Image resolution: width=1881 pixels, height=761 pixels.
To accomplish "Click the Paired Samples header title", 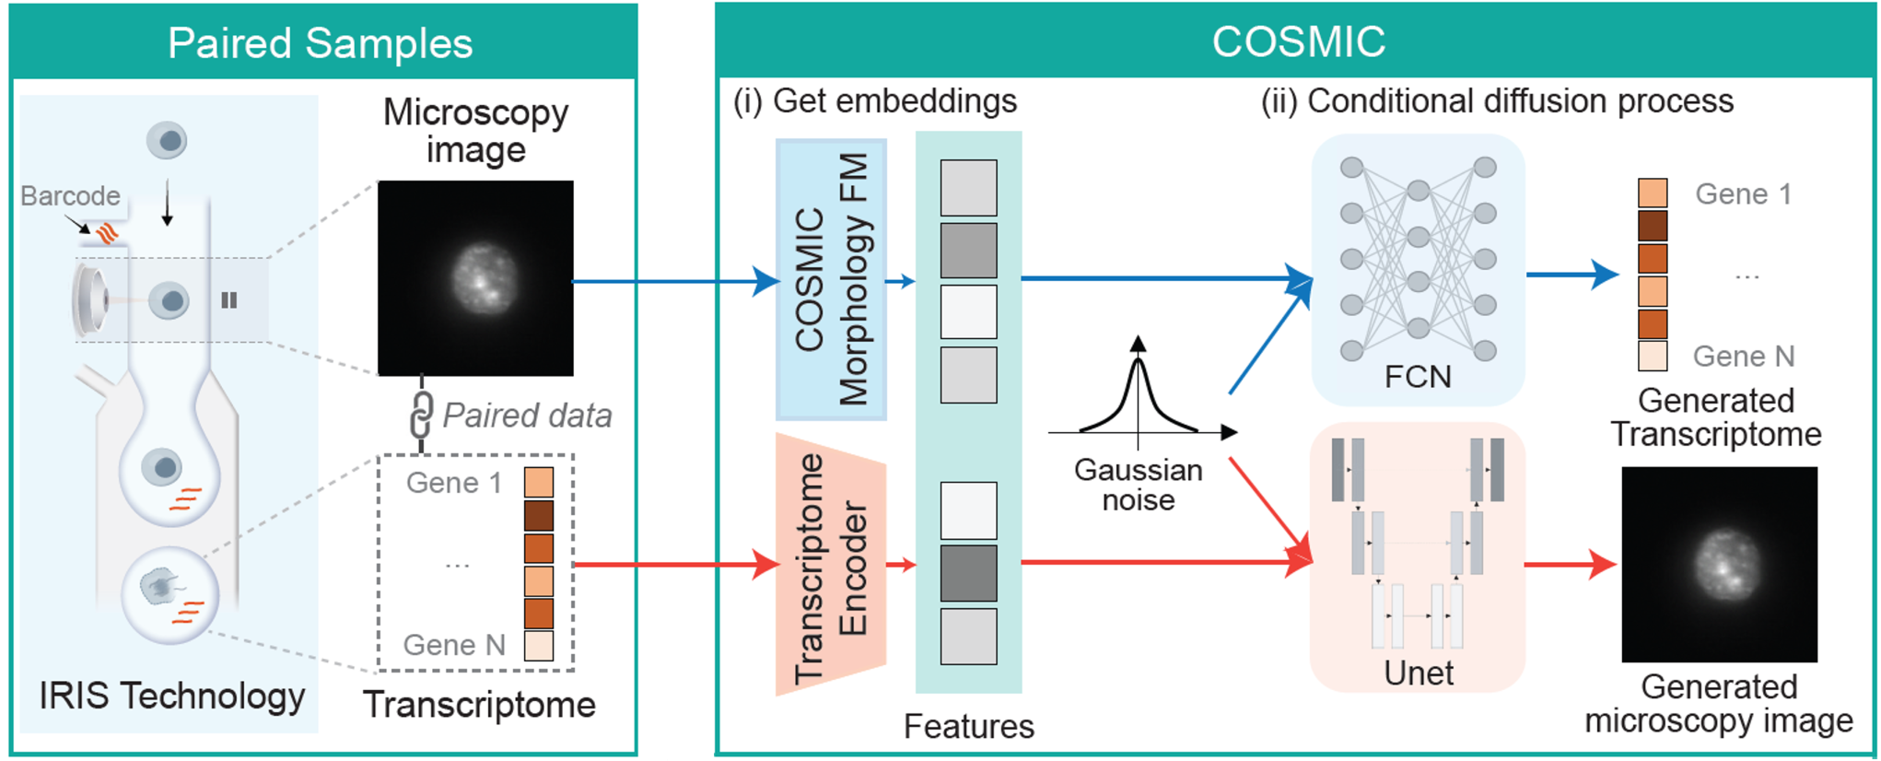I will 320,43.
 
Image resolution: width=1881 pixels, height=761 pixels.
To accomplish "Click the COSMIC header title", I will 1298,41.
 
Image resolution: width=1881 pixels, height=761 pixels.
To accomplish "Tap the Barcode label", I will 70,195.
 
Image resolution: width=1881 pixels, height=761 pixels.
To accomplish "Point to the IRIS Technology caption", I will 171,696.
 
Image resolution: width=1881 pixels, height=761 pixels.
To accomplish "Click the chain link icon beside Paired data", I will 421,415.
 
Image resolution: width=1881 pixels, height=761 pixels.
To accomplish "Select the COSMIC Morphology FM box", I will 831,279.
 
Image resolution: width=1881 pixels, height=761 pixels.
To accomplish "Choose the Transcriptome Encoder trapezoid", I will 830,564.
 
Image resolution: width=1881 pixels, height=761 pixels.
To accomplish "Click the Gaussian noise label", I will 1138,485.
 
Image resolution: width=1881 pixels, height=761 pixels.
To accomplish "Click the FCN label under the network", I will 1418,377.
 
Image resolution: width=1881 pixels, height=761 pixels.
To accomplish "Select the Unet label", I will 1419,673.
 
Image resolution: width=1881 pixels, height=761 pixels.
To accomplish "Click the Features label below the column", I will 968,726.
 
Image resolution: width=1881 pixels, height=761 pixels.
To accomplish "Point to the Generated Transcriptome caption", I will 1715,417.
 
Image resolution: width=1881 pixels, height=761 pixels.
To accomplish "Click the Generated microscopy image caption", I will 1719,704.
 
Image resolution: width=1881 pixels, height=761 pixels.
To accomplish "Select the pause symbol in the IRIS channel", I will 229,300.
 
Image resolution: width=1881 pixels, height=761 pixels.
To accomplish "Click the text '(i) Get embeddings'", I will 875,100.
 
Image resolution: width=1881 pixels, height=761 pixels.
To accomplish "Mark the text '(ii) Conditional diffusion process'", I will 1497,100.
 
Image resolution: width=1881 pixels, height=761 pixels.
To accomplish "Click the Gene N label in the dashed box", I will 454,645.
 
